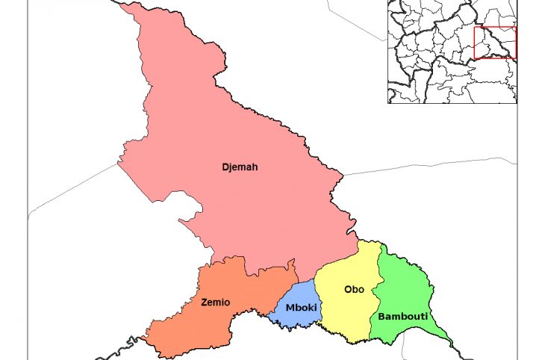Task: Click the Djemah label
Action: click(240, 167)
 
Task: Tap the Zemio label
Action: click(216, 302)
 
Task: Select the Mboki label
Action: click(302, 308)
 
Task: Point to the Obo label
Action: click(354, 290)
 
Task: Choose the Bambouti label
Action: click(402, 317)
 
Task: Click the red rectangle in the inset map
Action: click(495, 43)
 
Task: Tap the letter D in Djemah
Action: click(225, 167)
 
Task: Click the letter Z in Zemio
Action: click(205, 302)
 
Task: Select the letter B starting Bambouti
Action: click(381, 317)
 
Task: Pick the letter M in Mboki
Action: click(290, 308)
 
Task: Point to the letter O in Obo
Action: click(347, 290)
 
